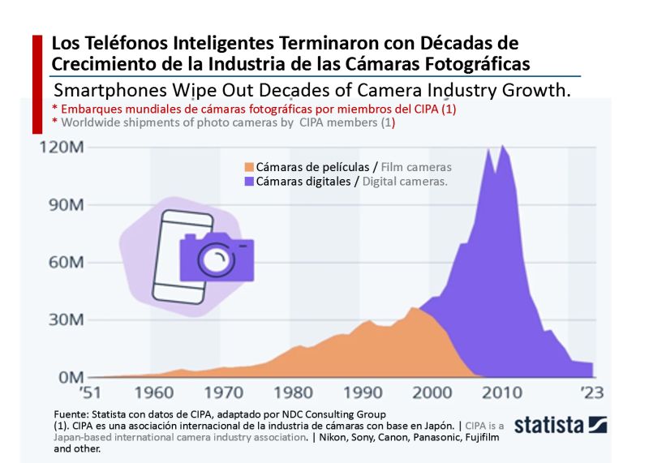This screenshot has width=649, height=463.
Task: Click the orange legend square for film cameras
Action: [x=250, y=168]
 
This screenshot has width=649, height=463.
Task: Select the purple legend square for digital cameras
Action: [x=250, y=182]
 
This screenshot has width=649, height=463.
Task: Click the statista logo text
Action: [x=552, y=424]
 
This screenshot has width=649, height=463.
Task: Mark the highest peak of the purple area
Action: [x=504, y=146]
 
